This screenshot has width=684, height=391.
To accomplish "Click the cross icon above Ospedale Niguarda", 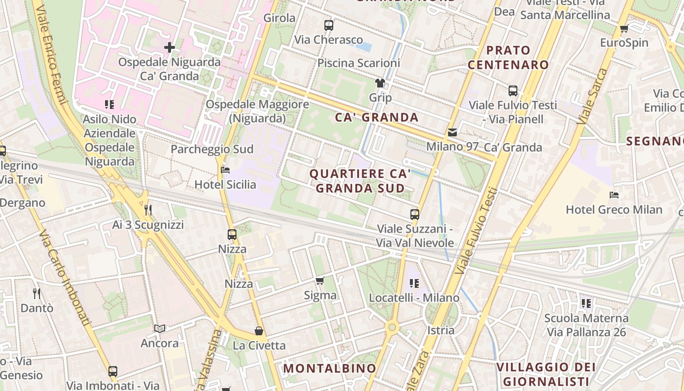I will [170, 47].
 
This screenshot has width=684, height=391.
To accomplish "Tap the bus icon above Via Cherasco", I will [329, 25].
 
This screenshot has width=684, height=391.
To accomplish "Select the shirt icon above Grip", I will [380, 83].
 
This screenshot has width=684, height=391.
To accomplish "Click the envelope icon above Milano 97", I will [452, 132].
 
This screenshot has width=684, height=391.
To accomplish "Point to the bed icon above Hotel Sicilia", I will [225, 170].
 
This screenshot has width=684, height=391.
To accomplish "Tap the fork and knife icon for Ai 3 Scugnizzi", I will [148, 210].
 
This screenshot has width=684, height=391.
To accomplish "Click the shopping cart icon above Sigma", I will [320, 281].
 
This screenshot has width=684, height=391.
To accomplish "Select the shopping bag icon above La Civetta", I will [259, 331].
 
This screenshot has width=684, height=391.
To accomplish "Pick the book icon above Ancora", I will [160, 328].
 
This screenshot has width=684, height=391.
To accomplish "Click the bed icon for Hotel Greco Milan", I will [614, 195].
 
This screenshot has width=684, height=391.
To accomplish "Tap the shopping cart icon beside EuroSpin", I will [624, 28].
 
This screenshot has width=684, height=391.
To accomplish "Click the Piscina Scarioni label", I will [359, 63].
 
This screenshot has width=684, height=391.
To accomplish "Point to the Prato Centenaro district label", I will [508, 57].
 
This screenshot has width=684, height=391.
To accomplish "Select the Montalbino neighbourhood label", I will [330, 368].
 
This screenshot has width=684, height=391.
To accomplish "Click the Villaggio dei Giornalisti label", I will [546, 374].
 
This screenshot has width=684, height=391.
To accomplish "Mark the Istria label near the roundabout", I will [441, 330].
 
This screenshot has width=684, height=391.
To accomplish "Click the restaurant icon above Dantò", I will [37, 293].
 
